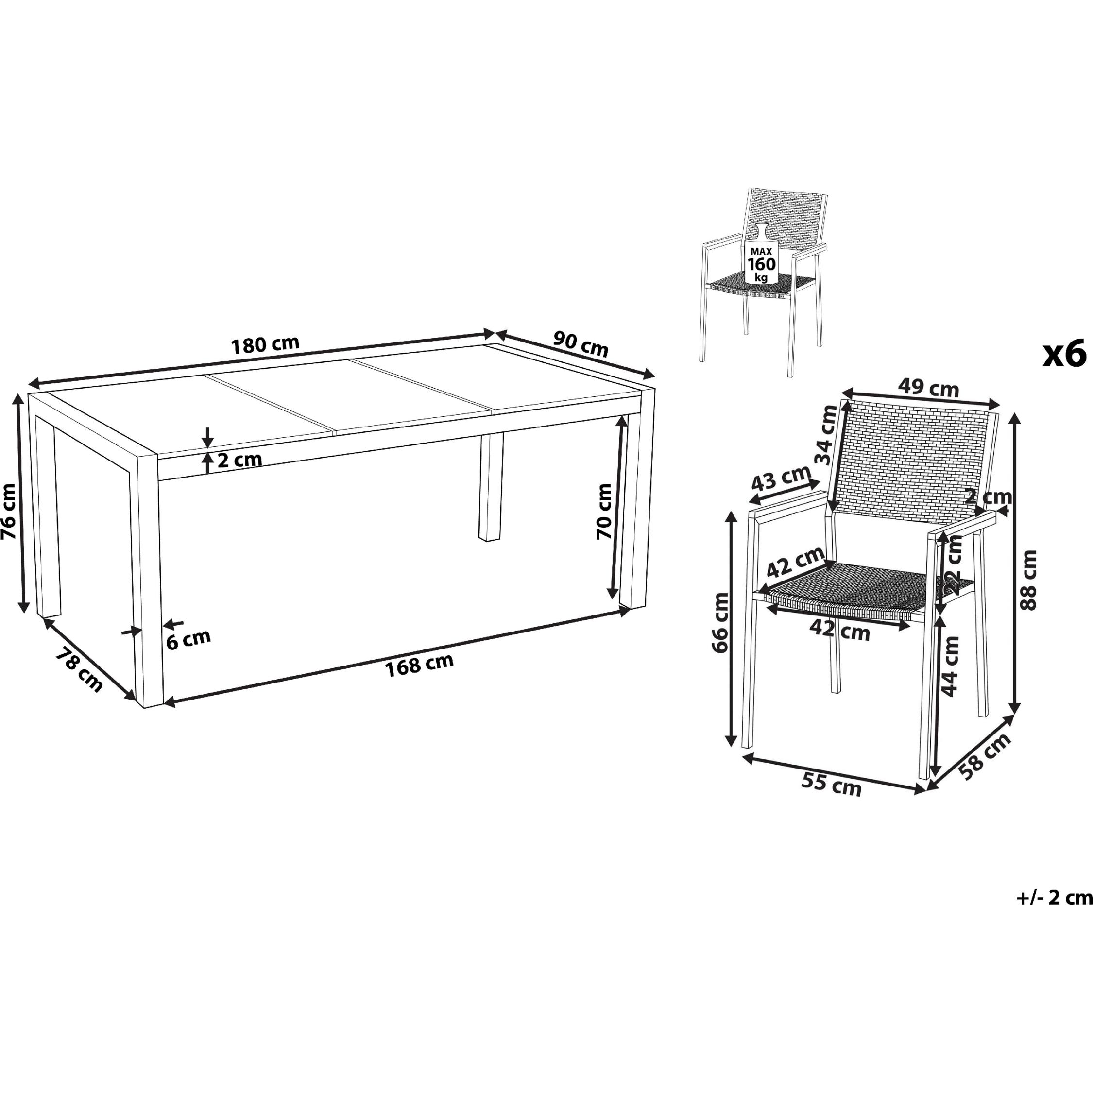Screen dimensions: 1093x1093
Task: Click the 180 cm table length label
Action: [265, 344]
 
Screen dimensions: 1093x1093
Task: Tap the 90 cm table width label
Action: [581, 344]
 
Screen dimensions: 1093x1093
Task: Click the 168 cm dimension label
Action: [419, 665]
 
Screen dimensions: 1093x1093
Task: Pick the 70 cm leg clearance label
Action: [604, 512]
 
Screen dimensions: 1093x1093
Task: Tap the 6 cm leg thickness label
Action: [188, 639]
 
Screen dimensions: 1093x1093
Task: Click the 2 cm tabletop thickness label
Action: [239, 460]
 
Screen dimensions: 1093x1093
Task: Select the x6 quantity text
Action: [1065, 355]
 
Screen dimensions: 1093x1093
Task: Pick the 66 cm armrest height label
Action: [720, 623]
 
